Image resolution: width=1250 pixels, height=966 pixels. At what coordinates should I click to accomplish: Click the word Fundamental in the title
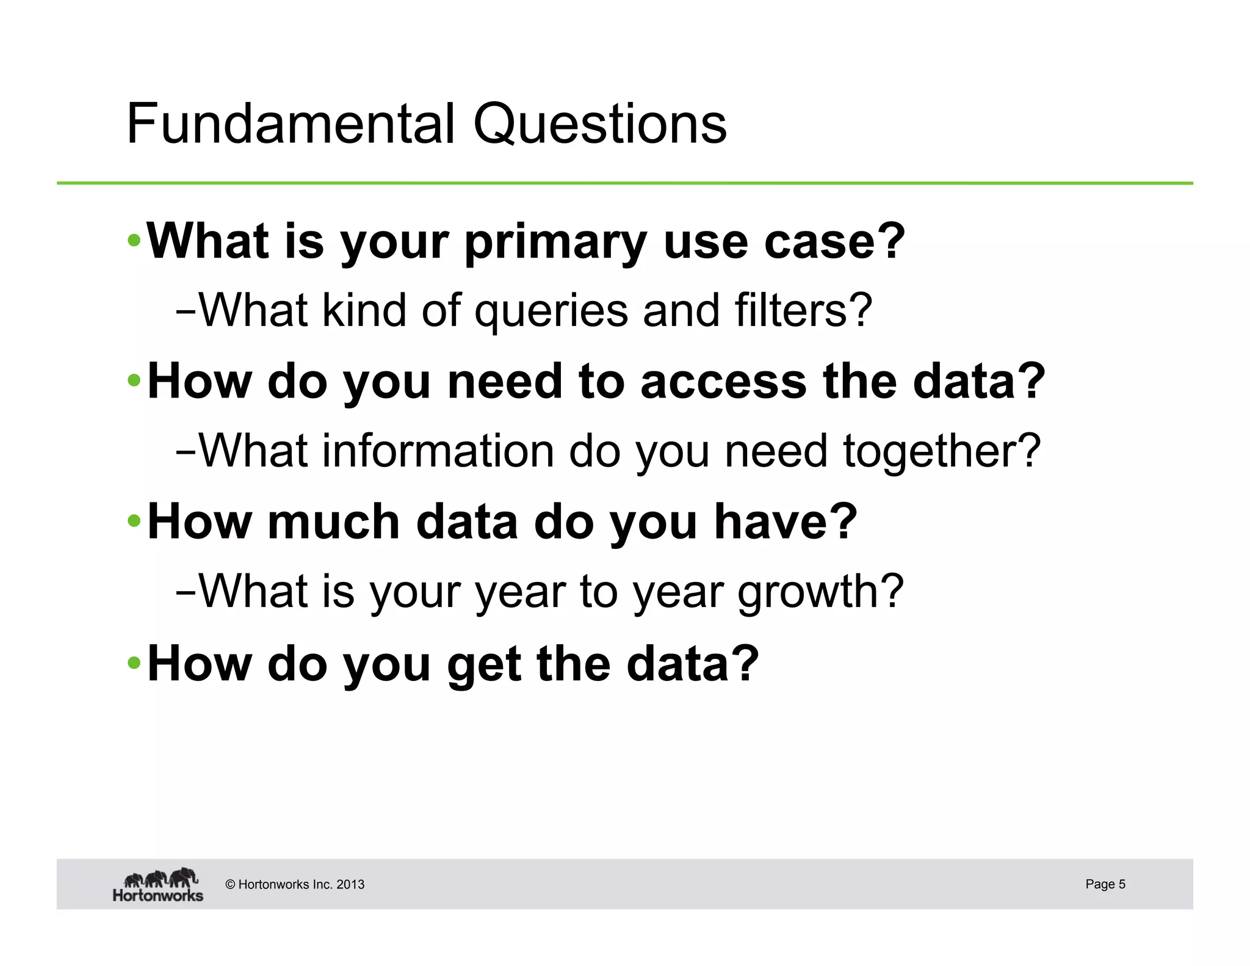click(x=290, y=124)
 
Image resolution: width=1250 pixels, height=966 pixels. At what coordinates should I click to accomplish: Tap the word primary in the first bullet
click(x=555, y=242)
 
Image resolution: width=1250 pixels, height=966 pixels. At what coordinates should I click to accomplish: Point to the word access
click(x=723, y=382)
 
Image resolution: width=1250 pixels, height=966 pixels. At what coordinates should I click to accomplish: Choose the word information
click(x=438, y=451)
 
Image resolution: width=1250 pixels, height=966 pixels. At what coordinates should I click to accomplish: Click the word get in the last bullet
click(x=484, y=664)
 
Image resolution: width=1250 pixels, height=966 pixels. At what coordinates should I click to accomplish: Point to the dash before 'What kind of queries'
click(x=185, y=311)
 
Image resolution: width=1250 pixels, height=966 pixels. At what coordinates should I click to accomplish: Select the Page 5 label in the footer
click(x=1105, y=884)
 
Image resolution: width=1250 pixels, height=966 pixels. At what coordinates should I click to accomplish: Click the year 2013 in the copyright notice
click(x=350, y=885)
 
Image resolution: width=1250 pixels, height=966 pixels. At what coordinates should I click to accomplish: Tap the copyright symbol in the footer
click(x=230, y=885)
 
